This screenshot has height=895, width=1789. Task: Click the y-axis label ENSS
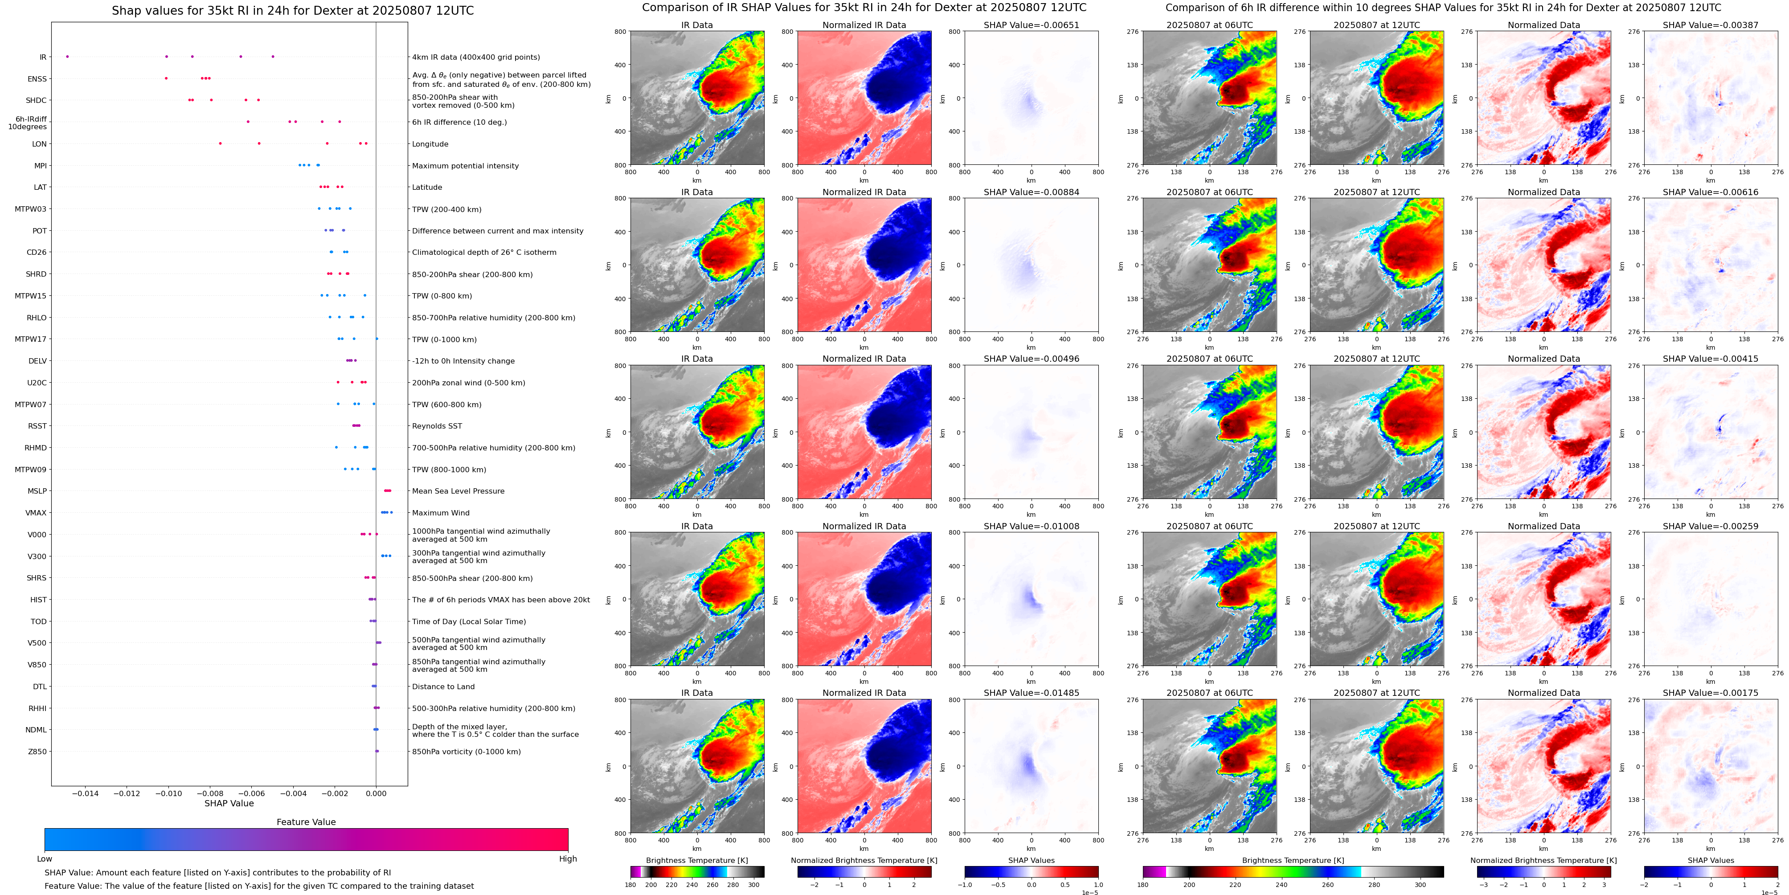(37, 79)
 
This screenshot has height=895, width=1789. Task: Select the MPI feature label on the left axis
(40, 166)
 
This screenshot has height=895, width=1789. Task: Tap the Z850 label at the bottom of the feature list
(37, 751)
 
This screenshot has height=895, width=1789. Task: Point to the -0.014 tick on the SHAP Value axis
(86, 793)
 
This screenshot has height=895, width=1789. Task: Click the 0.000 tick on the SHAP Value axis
(376, 793)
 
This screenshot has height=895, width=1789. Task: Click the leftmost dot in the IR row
(67, 56)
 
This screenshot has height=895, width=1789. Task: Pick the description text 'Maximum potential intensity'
(465, 166)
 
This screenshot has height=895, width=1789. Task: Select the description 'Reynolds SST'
(437, 426)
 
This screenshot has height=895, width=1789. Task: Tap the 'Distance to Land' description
(443, 687)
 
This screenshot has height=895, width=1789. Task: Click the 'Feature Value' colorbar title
(306, 822)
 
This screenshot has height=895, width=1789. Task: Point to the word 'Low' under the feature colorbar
(45, 859)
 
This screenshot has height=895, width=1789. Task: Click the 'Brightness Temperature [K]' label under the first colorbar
(696, 860)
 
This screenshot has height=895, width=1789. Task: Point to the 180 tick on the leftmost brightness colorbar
(630, 885)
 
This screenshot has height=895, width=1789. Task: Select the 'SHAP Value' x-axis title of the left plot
(229, 803)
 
